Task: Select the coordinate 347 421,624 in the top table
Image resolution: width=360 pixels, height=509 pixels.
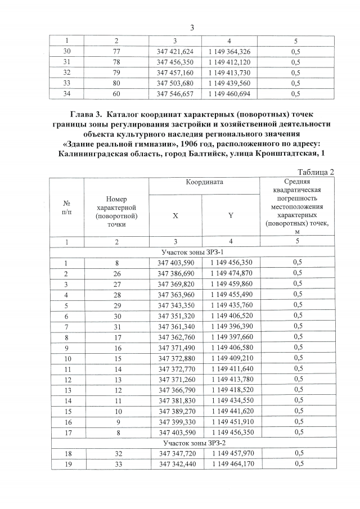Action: click(175, 51)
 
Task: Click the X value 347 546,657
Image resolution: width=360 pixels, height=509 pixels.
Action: click(175, 94)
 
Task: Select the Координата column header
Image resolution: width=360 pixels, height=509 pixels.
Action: click(205, 183)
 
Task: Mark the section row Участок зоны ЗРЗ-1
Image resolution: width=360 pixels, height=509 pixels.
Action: click(192, 251)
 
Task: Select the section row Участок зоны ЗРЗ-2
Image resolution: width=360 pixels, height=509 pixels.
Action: click(192, 442)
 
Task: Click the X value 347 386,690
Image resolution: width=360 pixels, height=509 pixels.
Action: click(176, 273)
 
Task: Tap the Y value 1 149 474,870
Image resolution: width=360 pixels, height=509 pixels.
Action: click(231, 273)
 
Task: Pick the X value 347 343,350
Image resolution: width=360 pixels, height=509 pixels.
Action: click(176, 305)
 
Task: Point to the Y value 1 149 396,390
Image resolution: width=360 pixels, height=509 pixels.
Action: click(231, 327)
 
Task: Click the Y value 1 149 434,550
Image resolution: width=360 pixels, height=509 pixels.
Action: click(231, 400)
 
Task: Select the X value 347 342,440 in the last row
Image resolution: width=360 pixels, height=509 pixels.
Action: click(176, 463)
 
